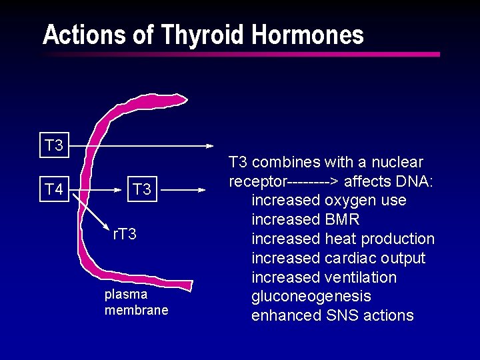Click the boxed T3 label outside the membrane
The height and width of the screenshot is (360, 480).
coord(53,145)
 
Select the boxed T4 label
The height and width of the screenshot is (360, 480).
coord(53,189)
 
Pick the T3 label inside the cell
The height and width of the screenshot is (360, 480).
coord(141,189)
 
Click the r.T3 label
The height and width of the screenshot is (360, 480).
coord(125,234)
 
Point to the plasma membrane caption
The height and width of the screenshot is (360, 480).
coord(136,302)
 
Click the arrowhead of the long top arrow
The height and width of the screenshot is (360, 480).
coord(209,145)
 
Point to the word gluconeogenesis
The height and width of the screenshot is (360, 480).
coord(311,296)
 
